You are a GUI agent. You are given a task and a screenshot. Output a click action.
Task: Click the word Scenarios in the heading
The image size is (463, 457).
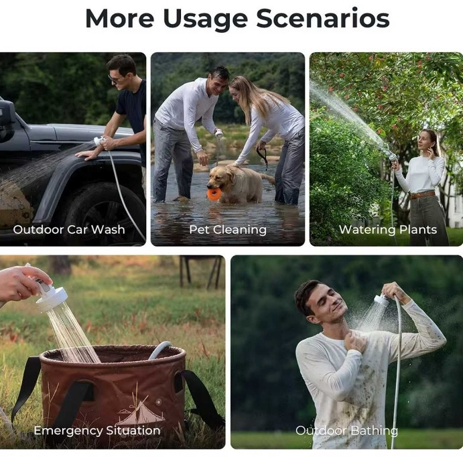[x=323, y=18]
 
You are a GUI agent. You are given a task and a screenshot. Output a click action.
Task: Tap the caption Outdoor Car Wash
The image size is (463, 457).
[x=69, y=229]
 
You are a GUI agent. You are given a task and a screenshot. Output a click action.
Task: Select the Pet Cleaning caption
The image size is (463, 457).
[x=228, y=230]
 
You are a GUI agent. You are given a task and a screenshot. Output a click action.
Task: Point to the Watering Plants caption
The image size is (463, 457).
[x=388, y=230]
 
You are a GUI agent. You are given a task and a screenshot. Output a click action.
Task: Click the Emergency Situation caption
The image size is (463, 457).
[x=97, y=430]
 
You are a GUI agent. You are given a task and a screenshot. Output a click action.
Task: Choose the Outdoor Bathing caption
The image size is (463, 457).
[x=346, y=431]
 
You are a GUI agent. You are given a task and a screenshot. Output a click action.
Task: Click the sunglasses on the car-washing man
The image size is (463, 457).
[x=115, y=78]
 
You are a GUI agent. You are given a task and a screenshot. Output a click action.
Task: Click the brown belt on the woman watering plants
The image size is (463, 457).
[x=422, y=195]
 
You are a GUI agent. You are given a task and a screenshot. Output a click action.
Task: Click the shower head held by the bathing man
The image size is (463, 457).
[x=382, y=300]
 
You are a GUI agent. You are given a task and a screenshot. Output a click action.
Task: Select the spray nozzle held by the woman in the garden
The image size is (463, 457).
[x=393, y=157]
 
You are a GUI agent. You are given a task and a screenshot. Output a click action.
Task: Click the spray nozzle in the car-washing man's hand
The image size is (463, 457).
[x=99, y=141]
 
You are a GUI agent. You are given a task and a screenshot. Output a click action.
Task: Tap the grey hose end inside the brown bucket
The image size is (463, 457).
[x=160, y=350]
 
